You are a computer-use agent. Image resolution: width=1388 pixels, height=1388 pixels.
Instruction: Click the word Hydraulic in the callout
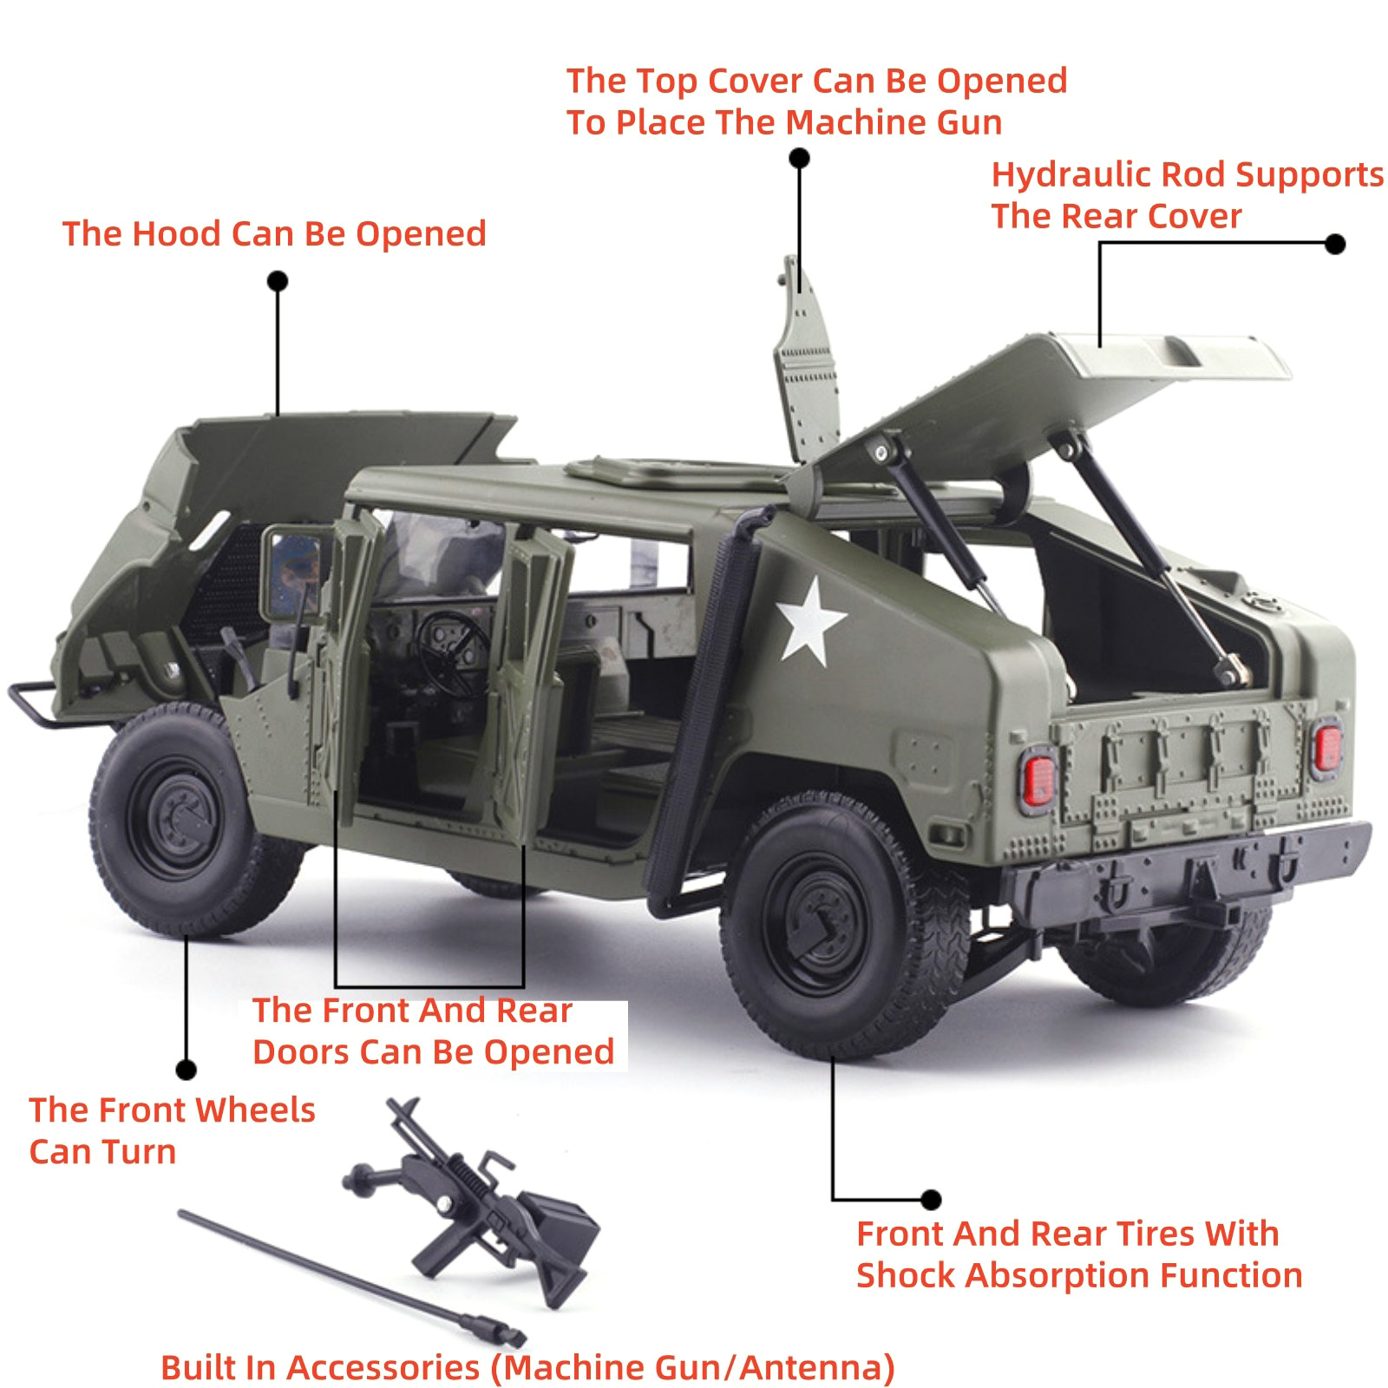click(1071, 175)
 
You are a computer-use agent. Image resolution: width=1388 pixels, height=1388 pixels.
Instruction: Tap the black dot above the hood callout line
click(278, 281)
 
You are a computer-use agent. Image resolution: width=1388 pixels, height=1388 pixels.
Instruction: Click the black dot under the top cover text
click(800, 158)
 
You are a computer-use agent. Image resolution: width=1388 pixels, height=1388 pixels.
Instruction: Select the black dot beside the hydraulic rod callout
click(1336, 244)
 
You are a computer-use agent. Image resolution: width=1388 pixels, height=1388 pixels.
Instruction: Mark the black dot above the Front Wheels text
click(186, 1070)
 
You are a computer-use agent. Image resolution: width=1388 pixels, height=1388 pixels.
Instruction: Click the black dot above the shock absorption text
click(931, 1200)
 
